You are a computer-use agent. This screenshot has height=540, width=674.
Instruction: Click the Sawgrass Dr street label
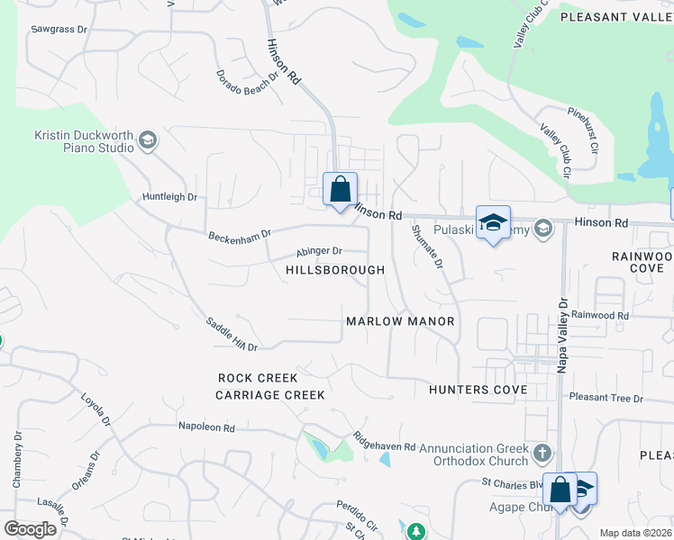(58, 29)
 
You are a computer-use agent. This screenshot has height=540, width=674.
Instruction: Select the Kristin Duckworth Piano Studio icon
(147, 139)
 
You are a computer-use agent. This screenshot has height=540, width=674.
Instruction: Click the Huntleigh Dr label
(169, 196)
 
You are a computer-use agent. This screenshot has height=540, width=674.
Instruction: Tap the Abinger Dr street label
(320, 252)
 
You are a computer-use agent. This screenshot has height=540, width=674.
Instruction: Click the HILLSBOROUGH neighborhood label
(335, 270)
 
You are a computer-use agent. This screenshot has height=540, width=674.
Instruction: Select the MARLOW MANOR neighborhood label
(400, 321)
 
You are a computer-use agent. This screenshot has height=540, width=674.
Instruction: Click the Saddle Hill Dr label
(232, 334)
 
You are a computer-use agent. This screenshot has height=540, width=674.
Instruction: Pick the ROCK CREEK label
(258, 377)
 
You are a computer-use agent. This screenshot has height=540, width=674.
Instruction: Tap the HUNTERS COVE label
(478, 390)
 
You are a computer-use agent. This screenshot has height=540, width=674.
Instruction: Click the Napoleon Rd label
(206, 427)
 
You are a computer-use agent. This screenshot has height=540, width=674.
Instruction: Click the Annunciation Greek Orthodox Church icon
(542, 451)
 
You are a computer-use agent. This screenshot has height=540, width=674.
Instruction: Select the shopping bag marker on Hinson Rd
(340, 189)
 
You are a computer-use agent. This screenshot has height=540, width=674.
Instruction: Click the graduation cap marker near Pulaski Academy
(493, 223)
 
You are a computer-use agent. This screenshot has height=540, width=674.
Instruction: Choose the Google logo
(31, 529)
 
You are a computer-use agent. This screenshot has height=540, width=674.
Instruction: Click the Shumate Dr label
(427, 247)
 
